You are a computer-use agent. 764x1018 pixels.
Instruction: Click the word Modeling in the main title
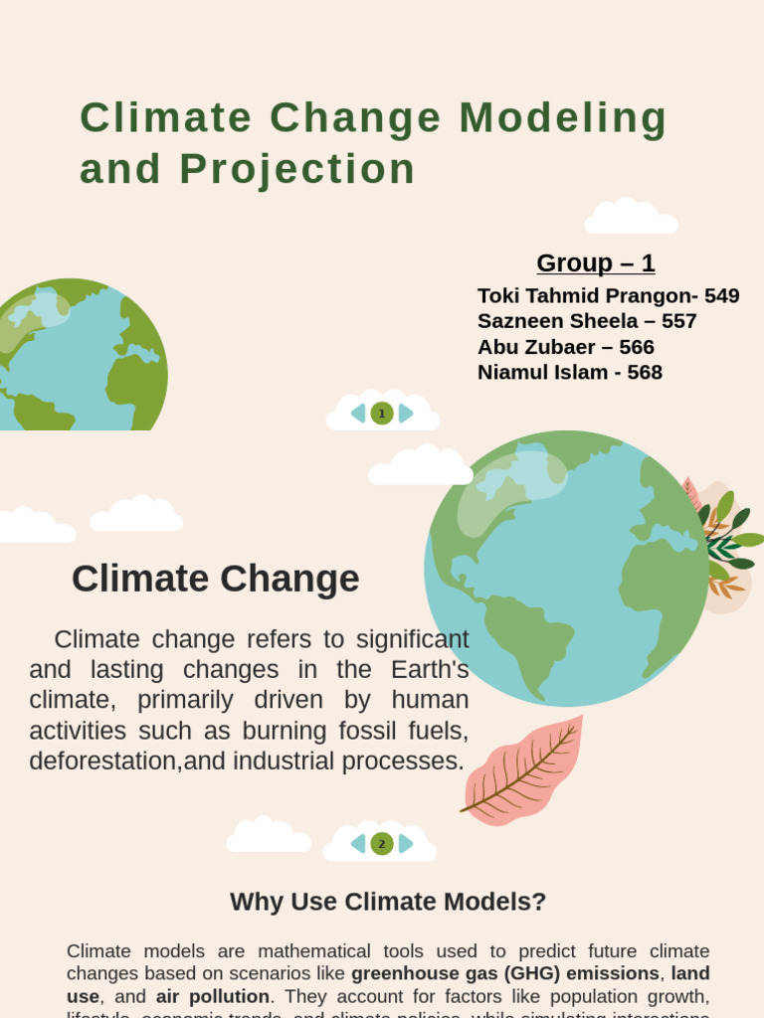(563, 118)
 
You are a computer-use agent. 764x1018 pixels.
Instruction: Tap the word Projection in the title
(297, 169)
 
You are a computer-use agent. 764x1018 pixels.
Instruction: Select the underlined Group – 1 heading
(595, 262)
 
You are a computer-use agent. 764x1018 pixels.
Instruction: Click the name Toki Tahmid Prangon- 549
(608, 295)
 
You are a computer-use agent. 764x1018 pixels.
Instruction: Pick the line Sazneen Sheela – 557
(587, 321)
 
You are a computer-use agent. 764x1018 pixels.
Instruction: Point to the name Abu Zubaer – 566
(566, 347)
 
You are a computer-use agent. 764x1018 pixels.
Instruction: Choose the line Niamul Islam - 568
(570, 372)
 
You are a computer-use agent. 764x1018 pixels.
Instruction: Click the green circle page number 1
(382, 414)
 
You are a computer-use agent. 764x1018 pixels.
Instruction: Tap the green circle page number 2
(382, 844)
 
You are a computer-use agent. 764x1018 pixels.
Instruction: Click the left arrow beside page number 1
(358, 414)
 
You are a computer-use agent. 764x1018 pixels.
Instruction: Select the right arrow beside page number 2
(406, 844)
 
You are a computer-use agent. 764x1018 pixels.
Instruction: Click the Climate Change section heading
(215, 579)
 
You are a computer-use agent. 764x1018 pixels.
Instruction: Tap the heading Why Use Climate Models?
(388, 902)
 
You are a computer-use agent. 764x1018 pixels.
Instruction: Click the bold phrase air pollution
(212, 996)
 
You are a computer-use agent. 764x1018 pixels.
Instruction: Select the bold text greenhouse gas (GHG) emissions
(504, 973)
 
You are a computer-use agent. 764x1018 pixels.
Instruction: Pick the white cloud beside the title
(631, 217)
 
